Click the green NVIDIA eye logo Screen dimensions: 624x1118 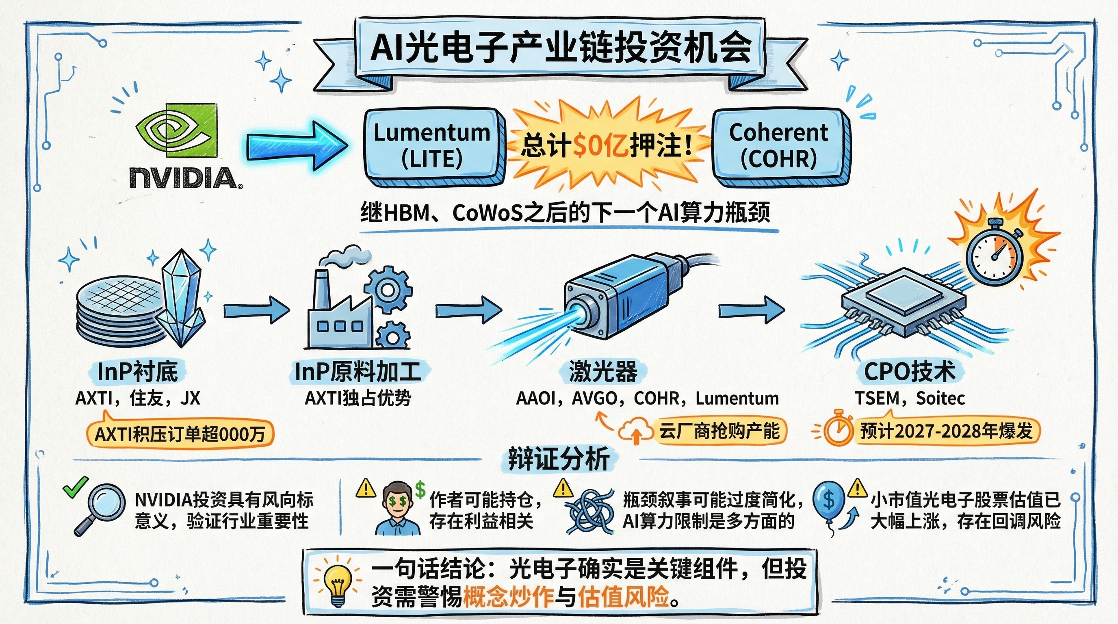[176, 130]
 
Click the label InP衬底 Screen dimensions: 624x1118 [138, 372]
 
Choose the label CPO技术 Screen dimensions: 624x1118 [910, 372]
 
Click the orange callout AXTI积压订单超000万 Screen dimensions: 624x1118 [180, 433]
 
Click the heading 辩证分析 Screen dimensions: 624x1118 [559, 459]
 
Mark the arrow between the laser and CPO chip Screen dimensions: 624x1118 [751, 310]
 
